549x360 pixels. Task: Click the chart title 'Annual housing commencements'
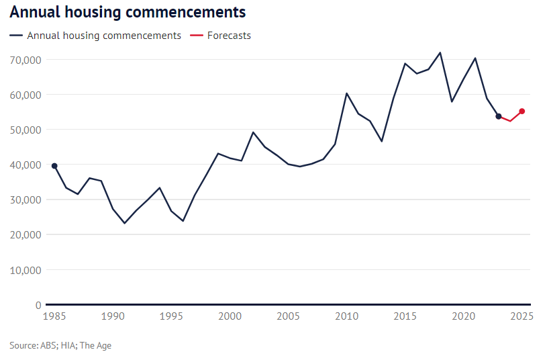pos(128,13)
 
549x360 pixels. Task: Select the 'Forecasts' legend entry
pos(228,36)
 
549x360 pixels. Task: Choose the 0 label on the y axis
pos(38,305)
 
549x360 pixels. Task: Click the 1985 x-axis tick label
pos(54,316)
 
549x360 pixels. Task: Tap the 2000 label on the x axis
pos(230,316)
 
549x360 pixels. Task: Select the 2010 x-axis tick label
pos(346,316)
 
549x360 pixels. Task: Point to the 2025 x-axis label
pos(521,316)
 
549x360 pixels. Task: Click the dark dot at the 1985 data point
pos(54,166)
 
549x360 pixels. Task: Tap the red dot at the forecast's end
pos(522,111)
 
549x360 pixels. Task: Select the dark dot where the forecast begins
pos(499,116)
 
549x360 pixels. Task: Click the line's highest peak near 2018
pos(440,52)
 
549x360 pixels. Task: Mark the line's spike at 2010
pos(346,93)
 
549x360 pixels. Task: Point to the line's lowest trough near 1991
pos(124,223)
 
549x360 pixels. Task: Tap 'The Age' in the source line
pos(95,346)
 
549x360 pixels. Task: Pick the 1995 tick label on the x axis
pos(171,316)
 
